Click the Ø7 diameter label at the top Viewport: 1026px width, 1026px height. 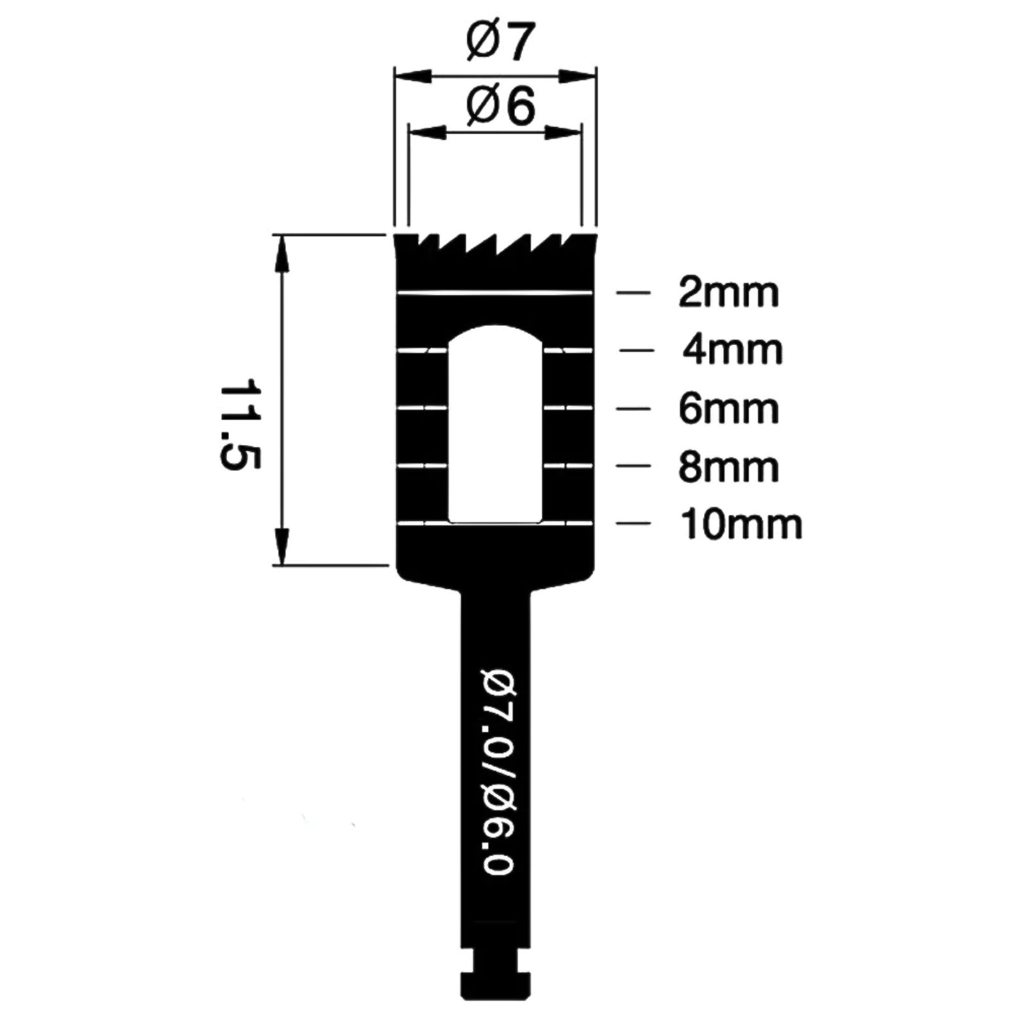click(x=500, y=42)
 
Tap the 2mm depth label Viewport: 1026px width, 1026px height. click(x=728, y=293)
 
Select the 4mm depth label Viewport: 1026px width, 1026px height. click(x=732, y=350)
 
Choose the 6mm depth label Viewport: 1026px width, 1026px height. click(x=728, y=408)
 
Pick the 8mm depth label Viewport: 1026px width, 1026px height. click(x=728, y=466)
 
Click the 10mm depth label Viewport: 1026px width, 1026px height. click(x=741, y=525)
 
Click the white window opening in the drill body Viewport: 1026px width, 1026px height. click(x=496, y=424)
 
